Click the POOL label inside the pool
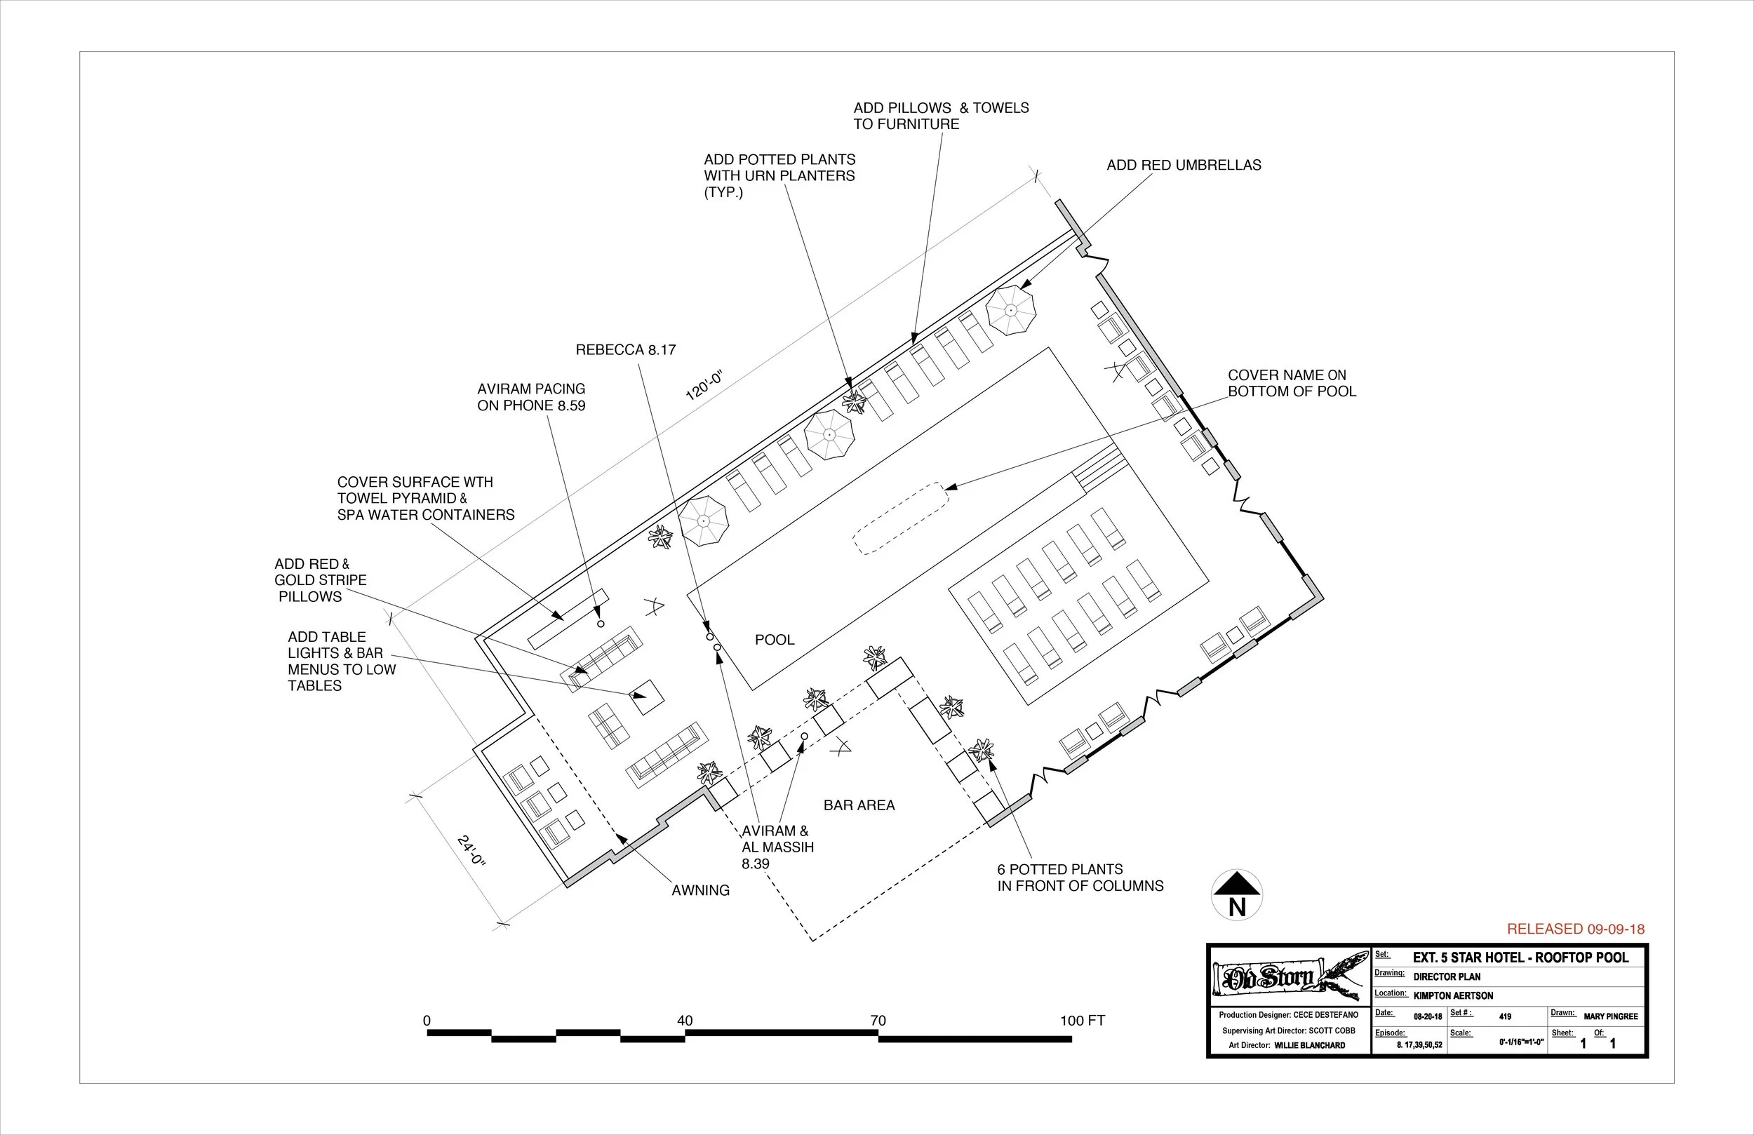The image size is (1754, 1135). (775, 640)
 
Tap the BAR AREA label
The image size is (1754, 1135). (859, 805)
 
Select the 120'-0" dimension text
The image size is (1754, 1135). (705, 385)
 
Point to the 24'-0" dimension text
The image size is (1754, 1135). (471, 852)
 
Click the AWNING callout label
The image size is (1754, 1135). (700, 890)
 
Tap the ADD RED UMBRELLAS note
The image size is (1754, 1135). (1184, 165)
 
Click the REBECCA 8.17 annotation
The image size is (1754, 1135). (625, 350)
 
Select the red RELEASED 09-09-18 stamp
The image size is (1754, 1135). (1575, 929)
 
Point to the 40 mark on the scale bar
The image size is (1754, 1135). (684, 1021)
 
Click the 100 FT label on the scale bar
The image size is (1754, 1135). (1082, 1021)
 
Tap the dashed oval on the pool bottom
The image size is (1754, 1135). (901, 518)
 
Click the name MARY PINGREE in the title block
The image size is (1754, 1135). (1610, 1016)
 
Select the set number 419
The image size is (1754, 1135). (1505, 1016)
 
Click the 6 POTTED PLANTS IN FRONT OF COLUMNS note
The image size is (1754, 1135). (1080, 878)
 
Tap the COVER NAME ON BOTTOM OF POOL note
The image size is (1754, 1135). (1291, 383)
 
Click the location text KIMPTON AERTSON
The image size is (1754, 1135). (1452, 995)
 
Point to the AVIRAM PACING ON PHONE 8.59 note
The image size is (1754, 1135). (530, 396)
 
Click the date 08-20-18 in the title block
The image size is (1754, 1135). (1427, 1017)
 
